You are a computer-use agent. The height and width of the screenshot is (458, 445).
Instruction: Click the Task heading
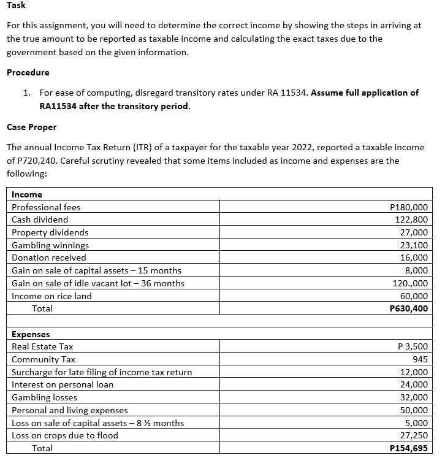pos(17,6)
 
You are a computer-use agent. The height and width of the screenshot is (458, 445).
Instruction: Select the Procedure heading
pos(28,72)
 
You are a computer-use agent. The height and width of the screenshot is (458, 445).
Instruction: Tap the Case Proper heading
pos(31,127)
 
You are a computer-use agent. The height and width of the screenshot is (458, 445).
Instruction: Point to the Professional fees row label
pos(46,207)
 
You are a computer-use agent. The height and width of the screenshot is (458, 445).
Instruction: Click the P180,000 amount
pos(409,207)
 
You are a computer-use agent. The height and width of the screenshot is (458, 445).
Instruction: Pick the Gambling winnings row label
pos(50,245)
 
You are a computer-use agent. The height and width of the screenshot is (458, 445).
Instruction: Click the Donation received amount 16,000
pos(414,258)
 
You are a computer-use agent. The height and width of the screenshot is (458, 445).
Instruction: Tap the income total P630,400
pos(409,308)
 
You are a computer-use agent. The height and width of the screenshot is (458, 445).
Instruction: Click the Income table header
pos(27,194)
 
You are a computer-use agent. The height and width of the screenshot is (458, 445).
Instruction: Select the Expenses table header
pos(31,334)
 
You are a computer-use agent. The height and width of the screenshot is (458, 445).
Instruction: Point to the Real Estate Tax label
pos(42,346)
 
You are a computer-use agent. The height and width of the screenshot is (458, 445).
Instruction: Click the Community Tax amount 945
pos(420,359)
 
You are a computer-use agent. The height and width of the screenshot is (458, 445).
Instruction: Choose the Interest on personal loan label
pos(63,384)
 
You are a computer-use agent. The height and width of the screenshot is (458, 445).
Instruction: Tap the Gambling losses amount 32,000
pos(414,397)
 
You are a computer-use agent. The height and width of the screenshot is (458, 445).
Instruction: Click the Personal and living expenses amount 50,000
pos(414,410)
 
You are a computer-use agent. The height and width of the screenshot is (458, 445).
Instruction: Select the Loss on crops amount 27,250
pos(414,435)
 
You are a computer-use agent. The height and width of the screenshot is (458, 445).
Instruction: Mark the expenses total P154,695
pos(409,448)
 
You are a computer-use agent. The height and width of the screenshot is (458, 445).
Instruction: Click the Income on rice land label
pos(51,296)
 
